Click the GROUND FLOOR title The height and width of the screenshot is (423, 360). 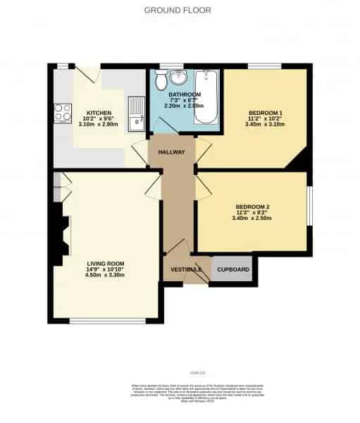pos(178,10)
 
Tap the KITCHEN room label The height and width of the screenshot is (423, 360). pos(97,113)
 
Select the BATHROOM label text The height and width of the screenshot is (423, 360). pos(185,94)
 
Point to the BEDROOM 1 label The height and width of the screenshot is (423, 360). pos(265,113)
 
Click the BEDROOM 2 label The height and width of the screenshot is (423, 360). pos(253,207)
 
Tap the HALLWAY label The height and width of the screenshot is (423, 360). pos(171,152)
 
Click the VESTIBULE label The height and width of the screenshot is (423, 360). pos(185,270)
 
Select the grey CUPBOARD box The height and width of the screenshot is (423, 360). pos(232,269)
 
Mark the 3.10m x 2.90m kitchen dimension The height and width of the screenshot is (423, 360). pos(97,125)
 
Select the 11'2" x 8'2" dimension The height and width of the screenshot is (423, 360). pos(253,212)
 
